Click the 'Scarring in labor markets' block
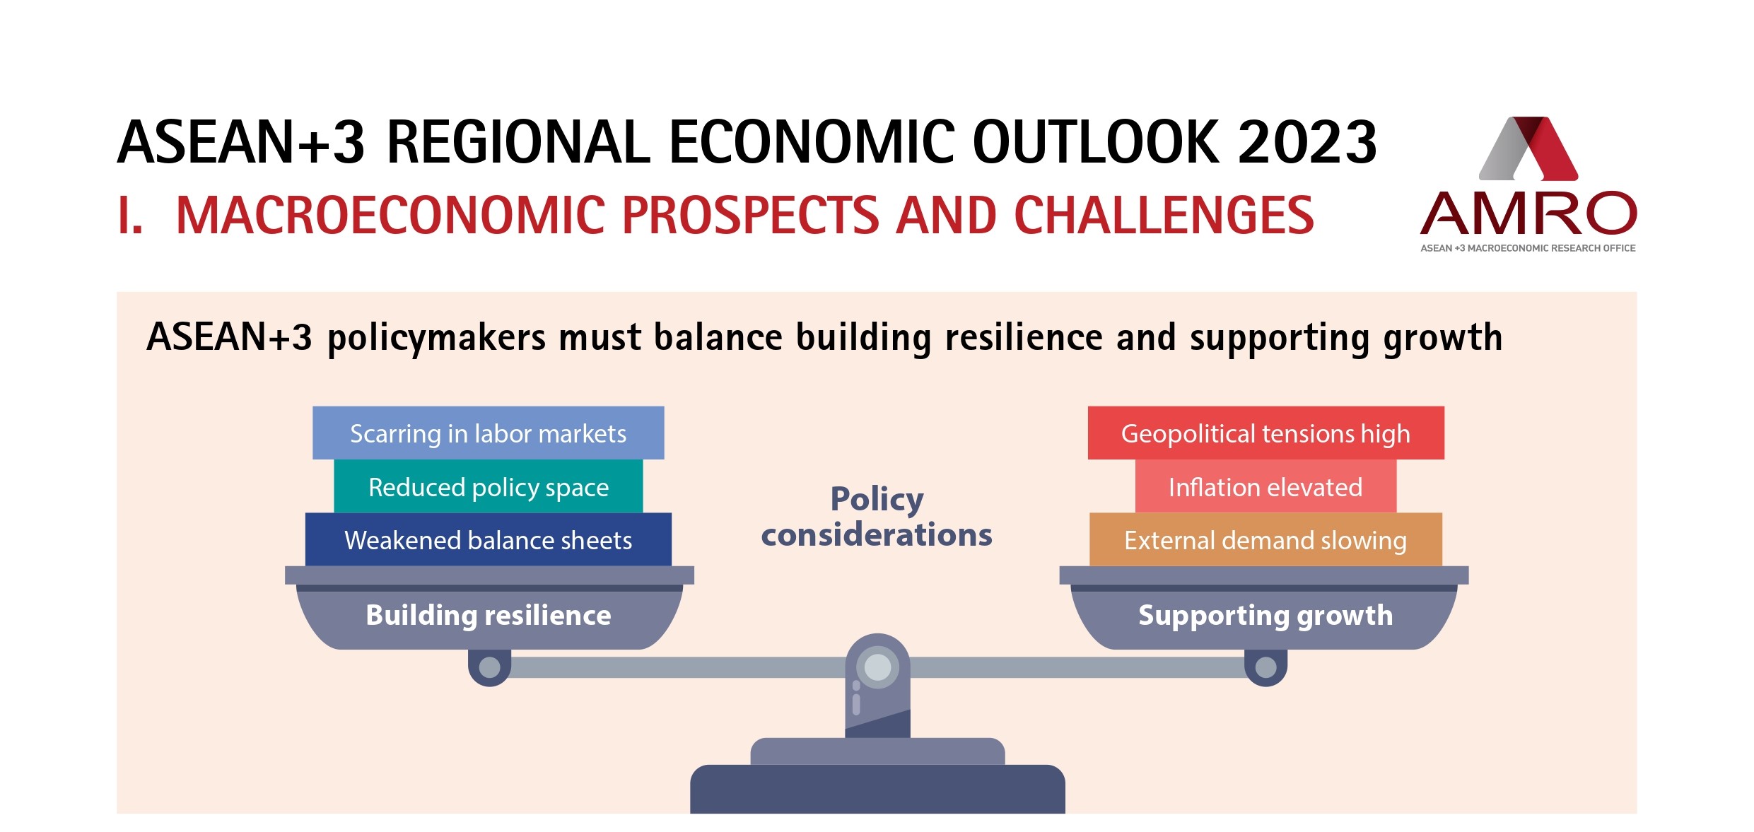point(489,433)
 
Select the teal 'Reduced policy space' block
point(489,486)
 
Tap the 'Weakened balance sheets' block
point(489,539)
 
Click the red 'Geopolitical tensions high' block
point(1265,433)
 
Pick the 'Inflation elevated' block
point(1265,486)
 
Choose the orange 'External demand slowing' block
point(1265,539)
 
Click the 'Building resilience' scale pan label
point(489,616)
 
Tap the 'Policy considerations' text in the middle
point(877,517)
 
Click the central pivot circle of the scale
point(878,667)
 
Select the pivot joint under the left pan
point(490,667)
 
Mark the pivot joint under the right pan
point(1265,667)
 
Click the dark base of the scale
point(877,789)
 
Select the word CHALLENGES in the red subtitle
point(1164,215)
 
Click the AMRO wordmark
point(1528,213)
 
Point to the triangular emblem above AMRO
point(1528,148)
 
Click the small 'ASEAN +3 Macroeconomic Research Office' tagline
point(1528,248)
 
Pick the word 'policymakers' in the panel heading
point(436,338)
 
